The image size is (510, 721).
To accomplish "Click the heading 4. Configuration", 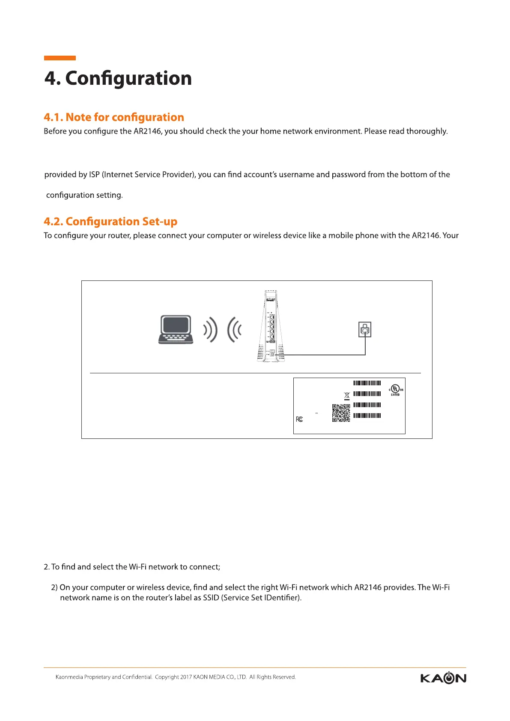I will pyautogui.click(x=118, y=78).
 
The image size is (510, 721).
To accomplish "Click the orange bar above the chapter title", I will pyautogui.click(x=60, y=58).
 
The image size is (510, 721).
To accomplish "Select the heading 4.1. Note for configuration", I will pyautogui.click(x=114, y=117).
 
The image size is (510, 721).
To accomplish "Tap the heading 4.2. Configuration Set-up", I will pyautogui.click(x=110, y=221).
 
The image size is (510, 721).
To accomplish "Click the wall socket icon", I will pyautogui.click(x=364, y=330).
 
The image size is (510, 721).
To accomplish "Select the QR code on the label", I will pyautogui.click(x=341, y=413).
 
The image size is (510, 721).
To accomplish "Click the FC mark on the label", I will pyautogui.click(x=299, y=419).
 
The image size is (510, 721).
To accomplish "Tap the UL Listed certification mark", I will pyautogui.click(x=396, y=390).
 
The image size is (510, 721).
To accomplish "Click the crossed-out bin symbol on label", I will pyautogui.click(x=347, y=396).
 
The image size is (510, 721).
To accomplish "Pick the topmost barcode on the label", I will pyautogui.click(x=367, y=383).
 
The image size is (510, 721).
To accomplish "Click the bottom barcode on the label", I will pyautogui.click(x=367, y=415).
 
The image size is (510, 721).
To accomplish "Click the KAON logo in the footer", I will pyautogui.click(x=443, y=678).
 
